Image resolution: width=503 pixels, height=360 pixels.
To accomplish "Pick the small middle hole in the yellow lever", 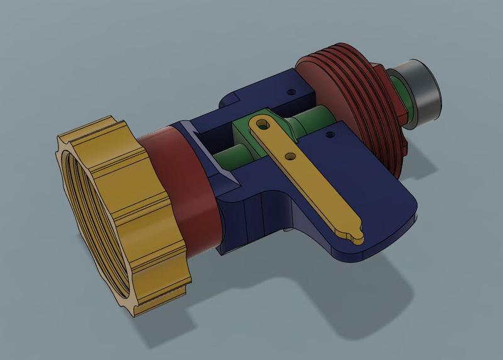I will pos(290,155).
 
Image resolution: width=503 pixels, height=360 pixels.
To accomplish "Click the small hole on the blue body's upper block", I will pos(290,92).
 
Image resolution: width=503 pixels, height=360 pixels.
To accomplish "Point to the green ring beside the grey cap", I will pos(398,94).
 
